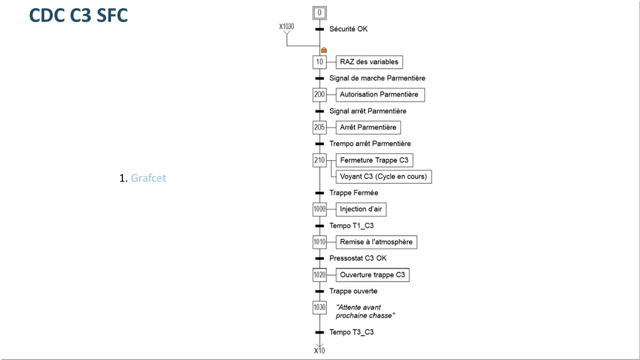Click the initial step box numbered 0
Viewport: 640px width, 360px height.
pyautogui.click(x=319, y=13)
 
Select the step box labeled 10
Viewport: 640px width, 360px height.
pyautogui.click(x=319, y=62)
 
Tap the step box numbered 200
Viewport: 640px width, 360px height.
pyautogui.click(x=319, y=94)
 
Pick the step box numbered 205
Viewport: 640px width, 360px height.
pyautogui.click(x=319, y=127)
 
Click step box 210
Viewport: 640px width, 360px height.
pyautogui.click(x=319, y=160)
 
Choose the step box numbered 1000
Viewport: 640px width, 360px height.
pyautogui.click(x=319, y=209)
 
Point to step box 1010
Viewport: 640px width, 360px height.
pyautogui.click(x=319, y=242)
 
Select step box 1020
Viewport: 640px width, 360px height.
pyautogui.click(x=319, y=275)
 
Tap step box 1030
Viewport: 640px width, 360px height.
pyautogui.click(x=319, y=307)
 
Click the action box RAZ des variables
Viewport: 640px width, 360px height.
pyautogui.click(x=369, y=62)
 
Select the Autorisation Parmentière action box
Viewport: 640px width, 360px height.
pyautogui.click(x=380, y=94)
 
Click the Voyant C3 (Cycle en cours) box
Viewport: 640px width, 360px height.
pyautogui.click(x=384, y=177)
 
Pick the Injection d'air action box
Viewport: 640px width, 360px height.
pyautogui.click(x=361, y=209)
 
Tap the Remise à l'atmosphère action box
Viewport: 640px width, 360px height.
pyautogui.click(x=376, y=242)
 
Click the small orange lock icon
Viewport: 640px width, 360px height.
pyautogui.click(x=324, y=50)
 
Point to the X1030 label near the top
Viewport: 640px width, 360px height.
pyautogui.click(x=286, y=27)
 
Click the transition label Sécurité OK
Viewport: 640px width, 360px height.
pyautogui.click(x=349, y=29)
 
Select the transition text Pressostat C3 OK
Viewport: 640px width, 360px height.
pyautogui.click(x=358, y=258)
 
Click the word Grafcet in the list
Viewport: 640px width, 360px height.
pyautogui.click(x=148, y=178)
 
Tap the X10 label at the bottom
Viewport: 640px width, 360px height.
pyautogui.click(x=319, y=351)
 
